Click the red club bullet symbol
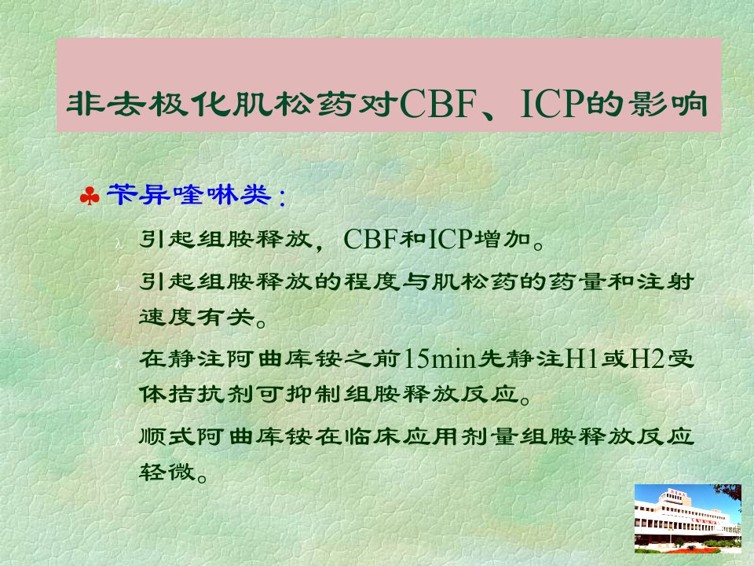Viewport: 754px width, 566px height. pos(90,196)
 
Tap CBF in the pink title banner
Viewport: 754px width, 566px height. pos(437,104)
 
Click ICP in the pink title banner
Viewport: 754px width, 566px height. pos(553,104)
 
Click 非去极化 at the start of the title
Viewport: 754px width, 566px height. pos(148,104)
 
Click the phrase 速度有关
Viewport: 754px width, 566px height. pos(196,317)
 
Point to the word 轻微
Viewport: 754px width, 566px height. pos(167,472)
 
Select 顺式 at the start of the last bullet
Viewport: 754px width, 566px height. pos(167,436)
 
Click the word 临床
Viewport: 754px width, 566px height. pos(372,436)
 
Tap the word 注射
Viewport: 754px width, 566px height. pos(666,281)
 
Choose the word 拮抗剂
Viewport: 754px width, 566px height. pos(211,394)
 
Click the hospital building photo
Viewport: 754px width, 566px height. pos(688,518)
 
